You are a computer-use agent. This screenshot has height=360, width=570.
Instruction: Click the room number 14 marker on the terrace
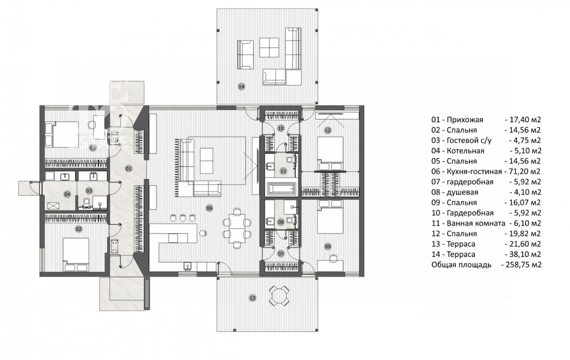241,87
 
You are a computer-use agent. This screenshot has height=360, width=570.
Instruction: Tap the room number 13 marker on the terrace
252,298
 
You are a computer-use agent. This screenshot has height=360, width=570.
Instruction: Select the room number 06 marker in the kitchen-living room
209,208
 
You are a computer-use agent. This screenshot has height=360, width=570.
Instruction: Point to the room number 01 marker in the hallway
129,168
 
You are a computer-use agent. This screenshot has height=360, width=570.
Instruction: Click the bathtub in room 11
281,188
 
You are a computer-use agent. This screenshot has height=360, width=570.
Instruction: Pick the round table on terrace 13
279,296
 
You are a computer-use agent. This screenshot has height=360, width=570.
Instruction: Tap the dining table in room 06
236,228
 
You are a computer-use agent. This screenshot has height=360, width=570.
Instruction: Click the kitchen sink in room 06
187,267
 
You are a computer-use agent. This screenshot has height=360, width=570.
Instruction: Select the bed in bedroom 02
76,255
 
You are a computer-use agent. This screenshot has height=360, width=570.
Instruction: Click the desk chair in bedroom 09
333,258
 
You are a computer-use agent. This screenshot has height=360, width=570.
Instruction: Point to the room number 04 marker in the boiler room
67,194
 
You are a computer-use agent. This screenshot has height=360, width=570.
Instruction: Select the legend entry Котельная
465,151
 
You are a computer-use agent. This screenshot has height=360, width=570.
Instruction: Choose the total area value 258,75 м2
521,265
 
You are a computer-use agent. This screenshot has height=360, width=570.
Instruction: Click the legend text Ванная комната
476,223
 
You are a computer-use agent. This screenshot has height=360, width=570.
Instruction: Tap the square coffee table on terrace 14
269,48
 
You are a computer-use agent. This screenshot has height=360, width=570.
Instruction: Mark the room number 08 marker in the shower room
281,222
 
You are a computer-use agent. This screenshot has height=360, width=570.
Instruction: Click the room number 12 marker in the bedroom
328,130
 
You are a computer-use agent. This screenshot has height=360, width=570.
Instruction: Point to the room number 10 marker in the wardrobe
281,128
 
